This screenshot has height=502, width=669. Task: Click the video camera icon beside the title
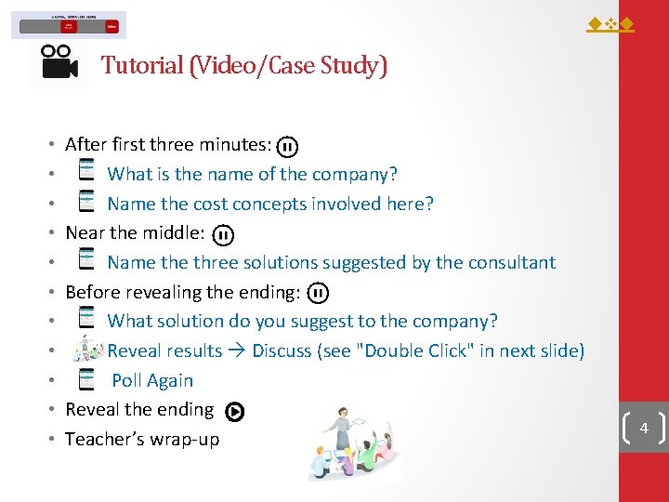tap(59, 63)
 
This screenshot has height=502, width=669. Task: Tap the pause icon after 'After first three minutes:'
tap(288, 146)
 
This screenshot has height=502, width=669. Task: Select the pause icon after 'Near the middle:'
tap(223, 234)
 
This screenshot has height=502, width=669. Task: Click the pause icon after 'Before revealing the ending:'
tap(317, 293)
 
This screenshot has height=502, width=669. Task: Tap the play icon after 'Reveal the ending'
tap(235, 411)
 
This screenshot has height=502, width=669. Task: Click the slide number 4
tap(643, 429)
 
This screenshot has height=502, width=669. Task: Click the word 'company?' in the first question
tap(354, 175)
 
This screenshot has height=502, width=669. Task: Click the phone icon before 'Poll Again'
tap(86, 378)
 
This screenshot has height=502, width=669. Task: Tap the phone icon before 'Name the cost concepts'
tap(86, 202)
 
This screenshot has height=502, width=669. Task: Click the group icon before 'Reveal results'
tap(88, 350)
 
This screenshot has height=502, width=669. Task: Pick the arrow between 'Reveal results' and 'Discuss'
tap(237, 351)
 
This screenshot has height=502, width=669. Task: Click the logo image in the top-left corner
tap(69, 25)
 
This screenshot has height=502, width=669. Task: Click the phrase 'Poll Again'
tap(152, 380)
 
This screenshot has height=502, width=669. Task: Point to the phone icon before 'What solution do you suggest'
tap(86, 319)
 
